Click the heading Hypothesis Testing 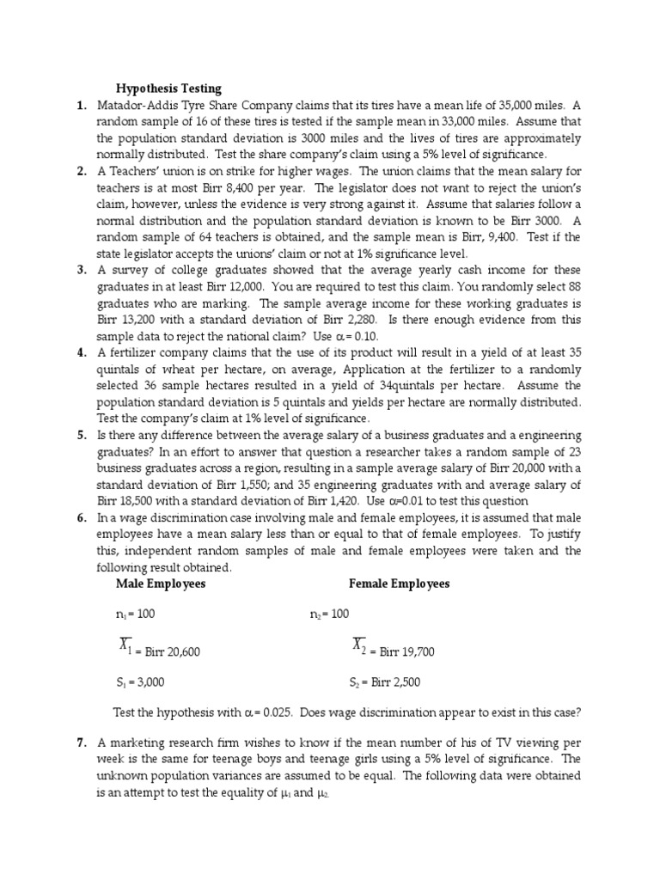(x=168, y=88)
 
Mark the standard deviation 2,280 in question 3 (x=319, y=319)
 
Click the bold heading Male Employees (x=161, y=584)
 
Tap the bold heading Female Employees (x=399, y=584)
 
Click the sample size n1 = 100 (x=135, y=614)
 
